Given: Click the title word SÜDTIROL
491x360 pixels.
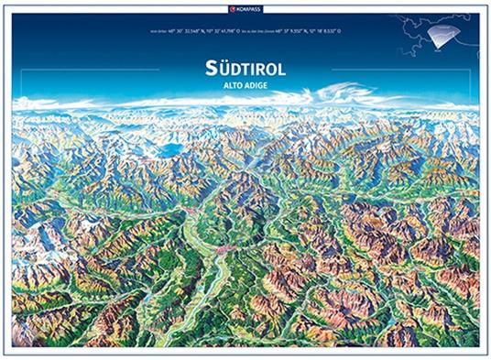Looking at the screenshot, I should pos(245,68).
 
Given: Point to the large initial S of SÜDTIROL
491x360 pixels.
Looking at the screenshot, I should pos(210,67).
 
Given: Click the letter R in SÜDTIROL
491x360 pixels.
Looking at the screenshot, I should pos(259,68).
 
